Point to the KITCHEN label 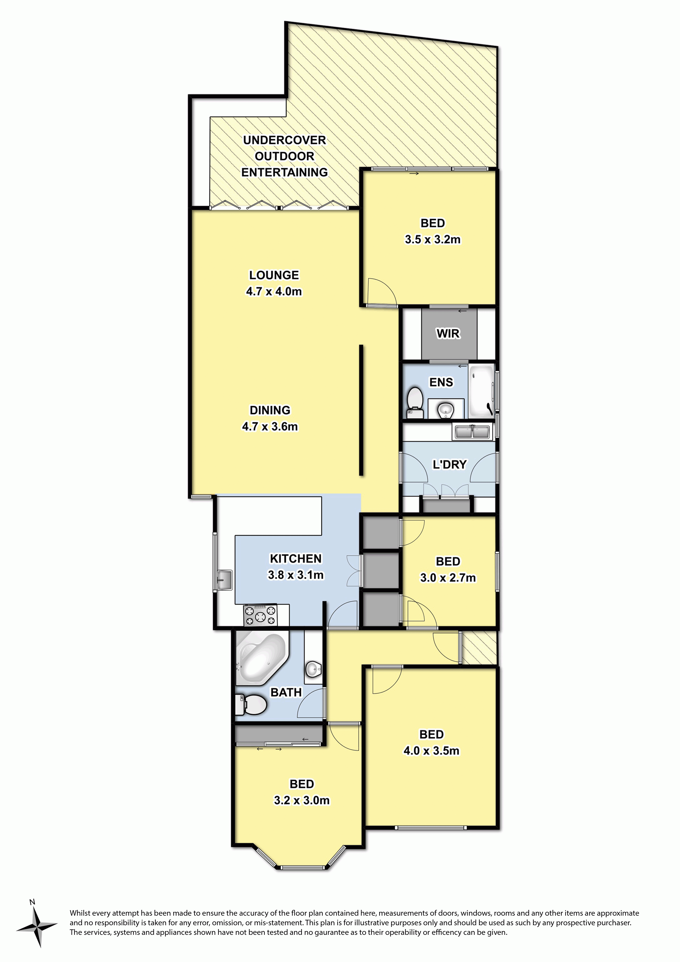click(x=296, y=559)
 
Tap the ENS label click(x=441, y=382)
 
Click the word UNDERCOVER click(x=285, y=140)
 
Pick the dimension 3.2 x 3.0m click(x=302, y=800)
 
